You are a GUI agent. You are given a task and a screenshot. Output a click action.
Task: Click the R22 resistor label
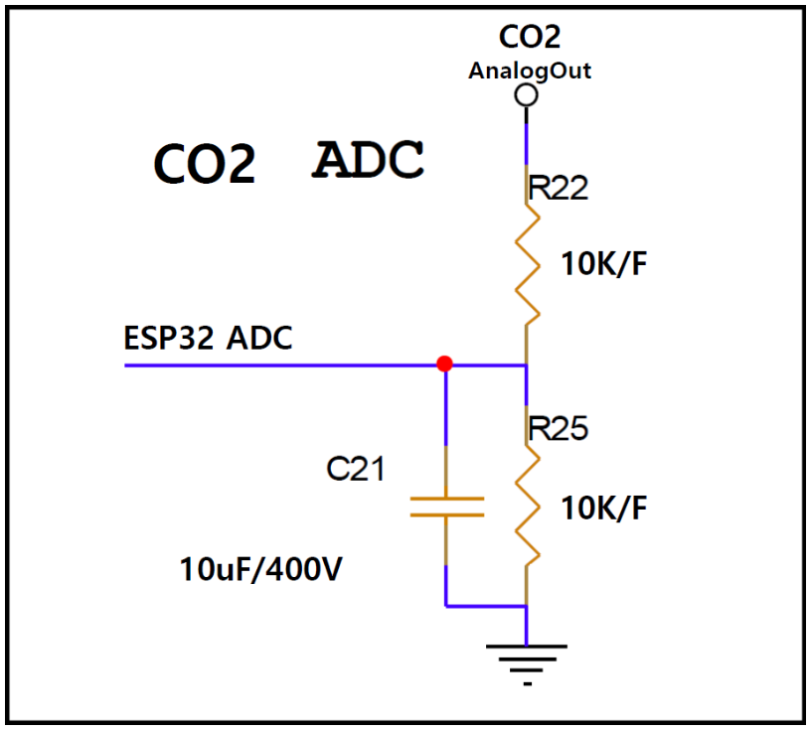(558, 188)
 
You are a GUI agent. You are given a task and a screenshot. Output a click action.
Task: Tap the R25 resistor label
(559, 428)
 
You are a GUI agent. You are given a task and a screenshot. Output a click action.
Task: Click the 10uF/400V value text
(261, 570)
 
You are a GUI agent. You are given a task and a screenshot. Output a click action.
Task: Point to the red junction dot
(445, 365)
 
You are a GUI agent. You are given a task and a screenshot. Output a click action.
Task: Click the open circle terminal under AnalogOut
(527, 95)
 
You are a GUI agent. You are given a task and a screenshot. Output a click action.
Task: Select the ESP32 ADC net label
(209, 338)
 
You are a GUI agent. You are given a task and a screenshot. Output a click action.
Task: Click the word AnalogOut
(530, 72)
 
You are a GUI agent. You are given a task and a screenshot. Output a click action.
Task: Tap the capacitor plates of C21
(446, 507)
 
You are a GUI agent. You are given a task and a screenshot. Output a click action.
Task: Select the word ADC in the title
(369, 160)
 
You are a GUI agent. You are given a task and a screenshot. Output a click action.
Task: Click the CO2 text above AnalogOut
(530, 37)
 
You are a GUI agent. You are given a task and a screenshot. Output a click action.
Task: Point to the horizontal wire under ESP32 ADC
(278, 365)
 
